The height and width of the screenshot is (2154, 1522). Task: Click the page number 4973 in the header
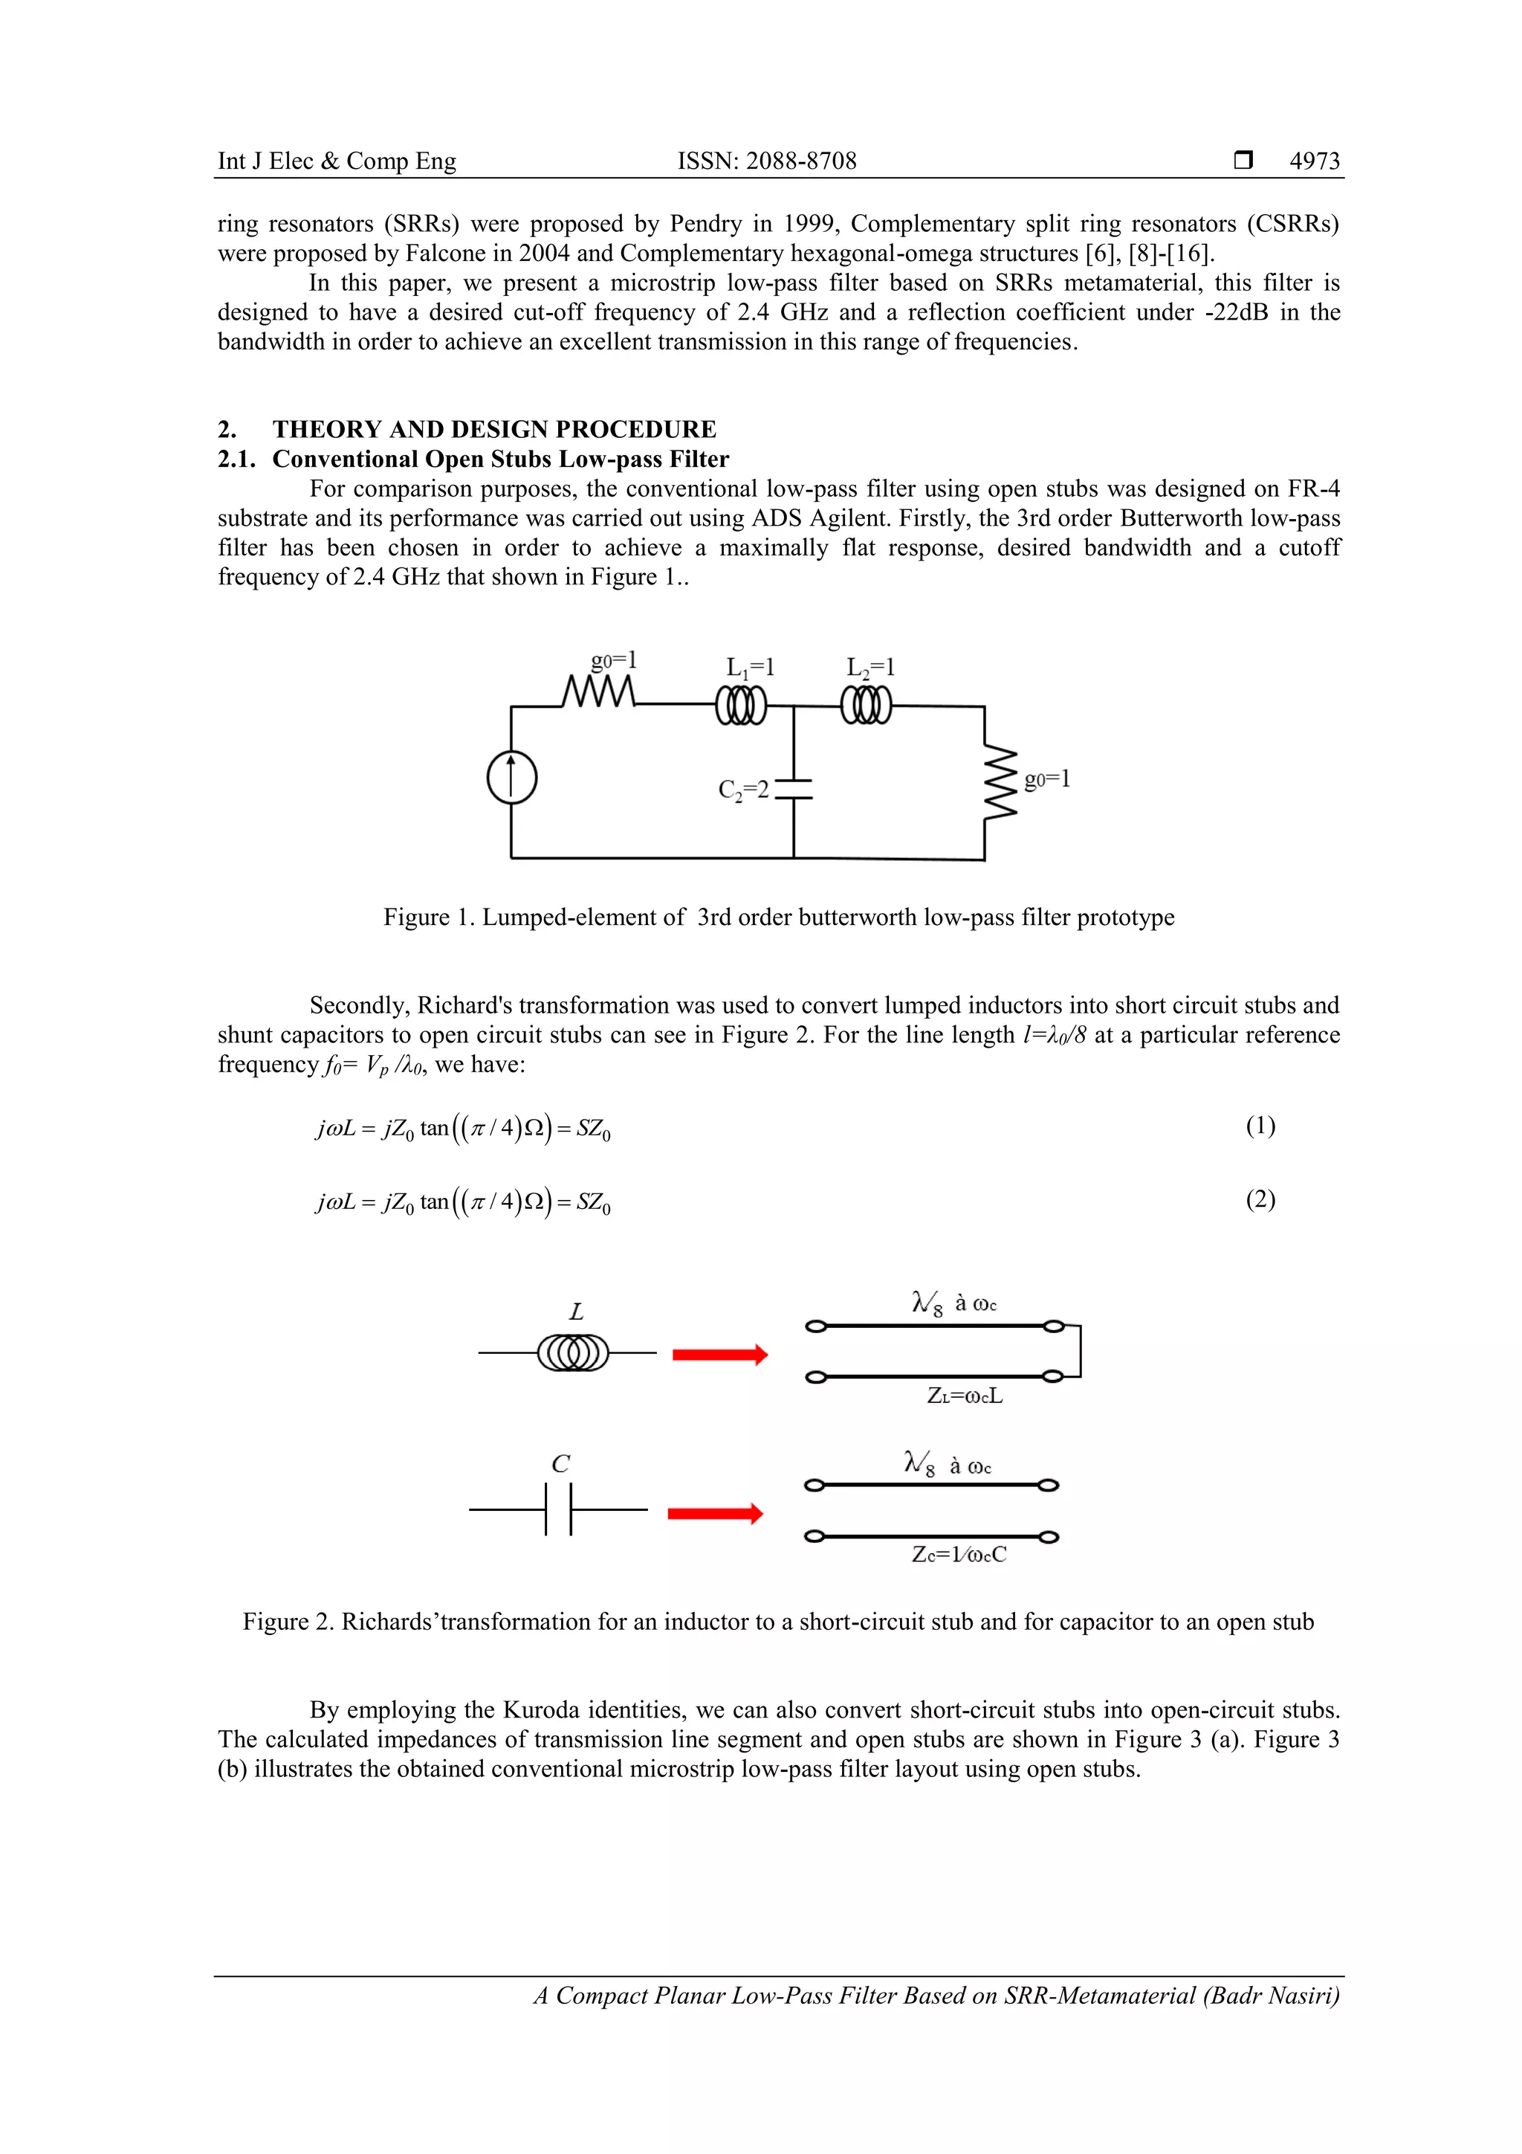(x=1314, y=161)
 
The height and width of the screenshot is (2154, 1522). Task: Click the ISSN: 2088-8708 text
(x=766, y=161)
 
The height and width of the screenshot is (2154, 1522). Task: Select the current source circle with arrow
(x=511, y=778)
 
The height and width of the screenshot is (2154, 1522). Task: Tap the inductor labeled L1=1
(x=741, y=706)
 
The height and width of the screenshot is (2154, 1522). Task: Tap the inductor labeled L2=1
(x=866, y=706)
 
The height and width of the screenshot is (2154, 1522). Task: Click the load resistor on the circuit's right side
(x=998, y=781)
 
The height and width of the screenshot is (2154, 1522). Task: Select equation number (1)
(x=1260, y=1125)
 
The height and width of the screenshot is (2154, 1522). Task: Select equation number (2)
(x=1260, y=1199)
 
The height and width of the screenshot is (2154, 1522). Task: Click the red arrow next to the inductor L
(x=720, y=1354)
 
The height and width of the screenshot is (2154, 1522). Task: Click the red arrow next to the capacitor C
(x=715, y=1513)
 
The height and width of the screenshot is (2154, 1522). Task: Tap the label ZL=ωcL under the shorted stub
(x=964, y=1396)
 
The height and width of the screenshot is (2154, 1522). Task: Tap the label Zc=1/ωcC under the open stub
(x=959, y=1555)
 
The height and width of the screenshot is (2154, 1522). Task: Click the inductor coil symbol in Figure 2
(x=573, y=1352)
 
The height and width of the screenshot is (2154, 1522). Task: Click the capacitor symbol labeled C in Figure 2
(x=559, y=1509)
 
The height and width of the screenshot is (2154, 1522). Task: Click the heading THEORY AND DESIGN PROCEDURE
(x=494, y=430)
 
